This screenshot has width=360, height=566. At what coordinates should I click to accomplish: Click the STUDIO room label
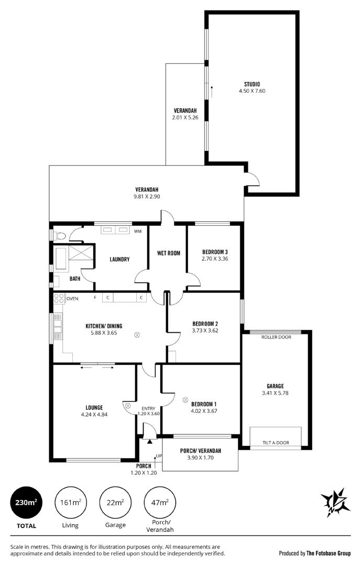click(x=252, y=84)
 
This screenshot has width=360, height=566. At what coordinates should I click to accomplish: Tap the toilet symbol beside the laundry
click(x=60, y=236)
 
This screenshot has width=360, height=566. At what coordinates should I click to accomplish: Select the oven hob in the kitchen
click(x=59, y=299)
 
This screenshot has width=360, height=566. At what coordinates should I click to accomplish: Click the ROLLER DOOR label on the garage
click(x=276, y=337)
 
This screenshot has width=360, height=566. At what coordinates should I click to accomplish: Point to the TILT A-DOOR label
click(x=276, y=442)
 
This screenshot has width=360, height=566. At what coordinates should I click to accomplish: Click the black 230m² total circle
click(x=26, y=503)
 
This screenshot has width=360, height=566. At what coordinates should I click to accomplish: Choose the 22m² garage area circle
click(x=115, y=503)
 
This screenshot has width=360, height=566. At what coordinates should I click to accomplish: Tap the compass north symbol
click(x=335, y=502)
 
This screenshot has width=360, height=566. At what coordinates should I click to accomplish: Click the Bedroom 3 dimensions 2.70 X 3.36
click(x=215, y=258)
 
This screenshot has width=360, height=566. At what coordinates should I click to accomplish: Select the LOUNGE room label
click(x=94, y=408)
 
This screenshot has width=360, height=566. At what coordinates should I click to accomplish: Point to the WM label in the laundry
click(x=138, y=232)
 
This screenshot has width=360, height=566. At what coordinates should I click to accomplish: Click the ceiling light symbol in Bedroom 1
click(x=185, y=399)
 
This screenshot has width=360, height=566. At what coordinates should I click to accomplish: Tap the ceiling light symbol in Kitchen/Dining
click(x=137, y=335)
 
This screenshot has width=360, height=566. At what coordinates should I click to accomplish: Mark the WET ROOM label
click(x=169, y=253)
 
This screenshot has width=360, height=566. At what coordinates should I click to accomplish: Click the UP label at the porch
click(x=159, y=456)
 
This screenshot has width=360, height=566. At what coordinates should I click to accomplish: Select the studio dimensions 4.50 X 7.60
click(x=252, y=91)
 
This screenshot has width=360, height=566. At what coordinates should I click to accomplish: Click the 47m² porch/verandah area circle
click(x=160, y=503)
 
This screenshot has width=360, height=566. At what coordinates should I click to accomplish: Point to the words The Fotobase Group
click(x=329, y=553)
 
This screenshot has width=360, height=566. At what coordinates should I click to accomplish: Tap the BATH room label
click(x=75, y=279)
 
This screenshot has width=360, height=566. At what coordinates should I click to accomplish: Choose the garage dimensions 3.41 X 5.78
click(x=275, y=393)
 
